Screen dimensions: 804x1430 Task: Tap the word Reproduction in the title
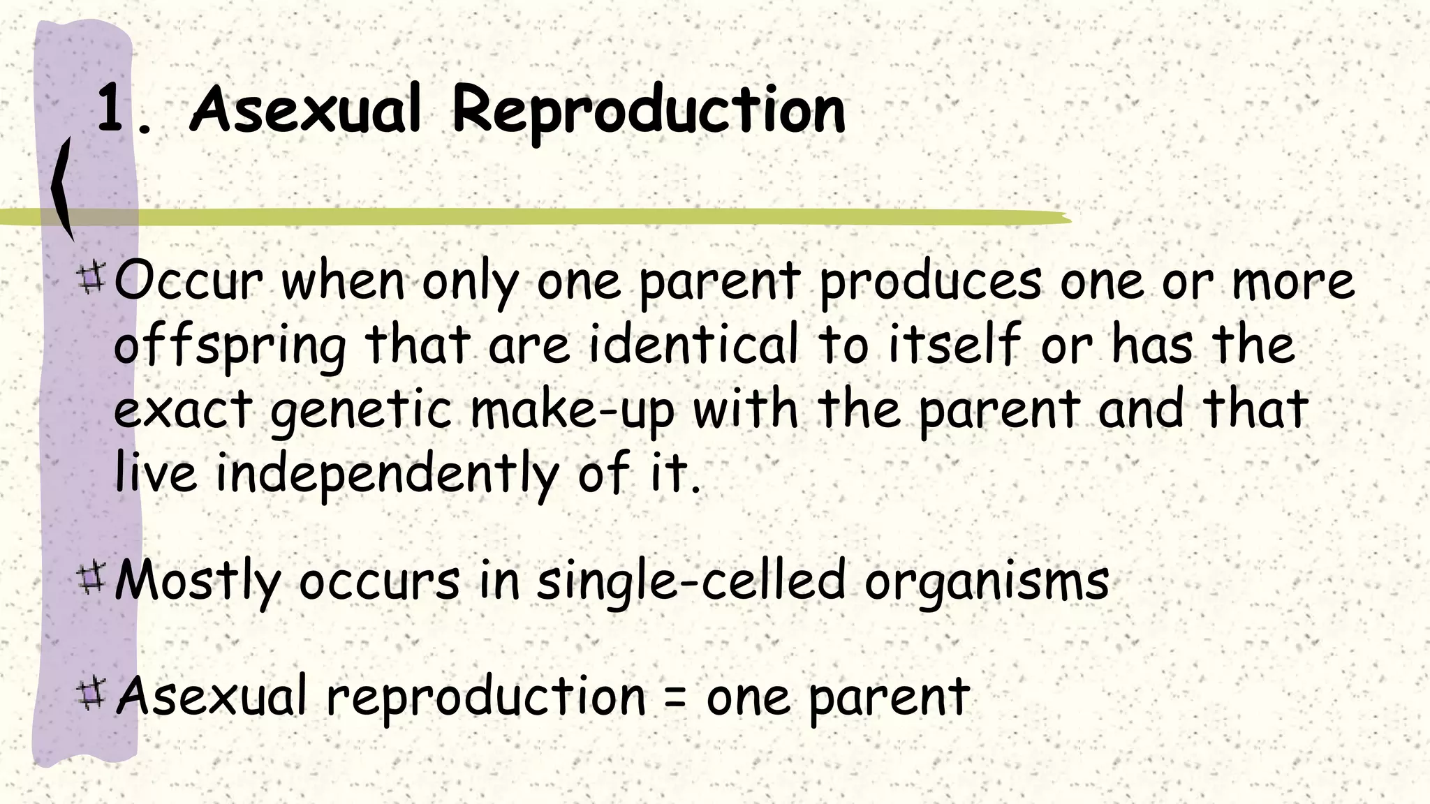coord(649,110)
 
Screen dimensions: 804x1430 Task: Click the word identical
coord(693,345)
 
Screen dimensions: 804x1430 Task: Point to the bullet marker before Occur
coord(91,277)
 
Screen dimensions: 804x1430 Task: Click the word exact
coord(183,410)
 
